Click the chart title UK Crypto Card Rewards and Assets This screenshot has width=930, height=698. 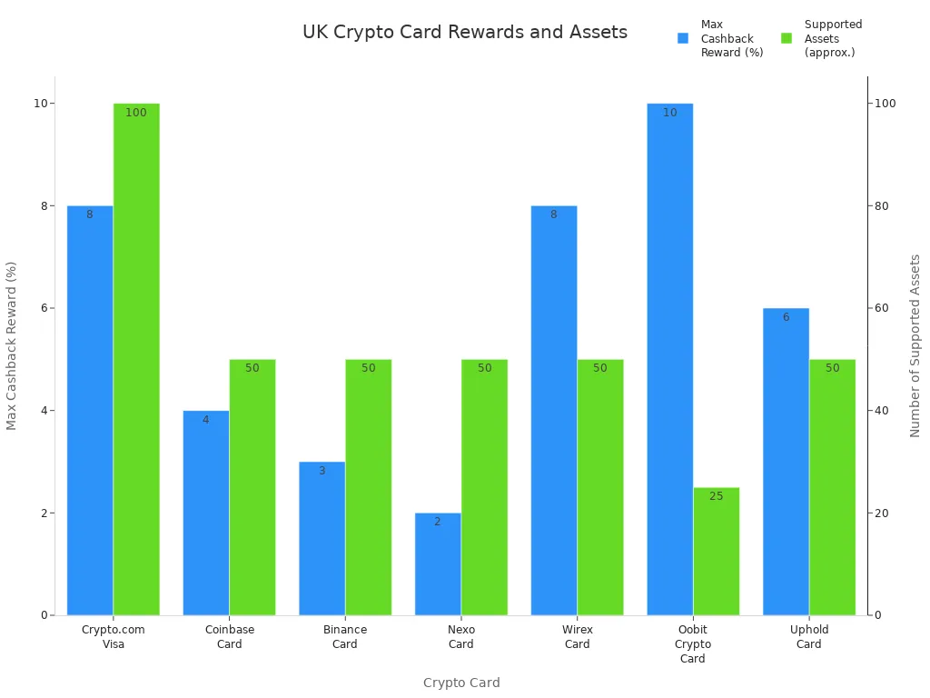point(464,33)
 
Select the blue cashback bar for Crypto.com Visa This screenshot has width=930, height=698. point(90,410)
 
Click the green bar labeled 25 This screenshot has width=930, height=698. point(717,551)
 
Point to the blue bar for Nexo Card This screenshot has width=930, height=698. point(438,563)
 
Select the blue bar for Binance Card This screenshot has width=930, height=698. point(322,538)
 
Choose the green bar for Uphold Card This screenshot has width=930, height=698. point(832,487)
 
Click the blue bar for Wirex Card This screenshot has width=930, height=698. point(554,410)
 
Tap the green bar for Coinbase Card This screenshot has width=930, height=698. point(252,487)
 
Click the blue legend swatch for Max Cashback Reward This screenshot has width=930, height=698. point(683,38)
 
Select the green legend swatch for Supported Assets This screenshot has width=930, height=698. point(787,38)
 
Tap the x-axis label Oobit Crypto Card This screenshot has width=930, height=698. point(693,643)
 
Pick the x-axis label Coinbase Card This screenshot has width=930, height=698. point(230,636)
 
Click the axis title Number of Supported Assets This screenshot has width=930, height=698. point(915,345)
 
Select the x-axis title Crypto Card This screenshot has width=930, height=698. point(461,683)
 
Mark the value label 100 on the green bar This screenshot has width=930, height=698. point(136,113)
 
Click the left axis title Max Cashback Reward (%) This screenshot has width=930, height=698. point(12,345)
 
